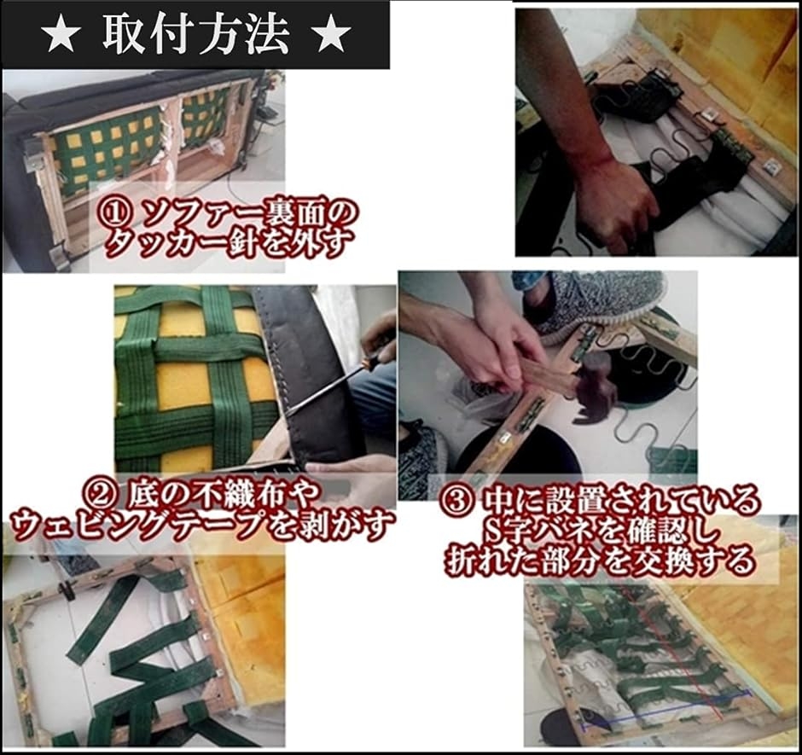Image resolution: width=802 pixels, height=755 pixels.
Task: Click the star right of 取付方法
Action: click(x=330, y=35)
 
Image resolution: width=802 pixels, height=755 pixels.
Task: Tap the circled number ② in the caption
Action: click(x=102, y=493)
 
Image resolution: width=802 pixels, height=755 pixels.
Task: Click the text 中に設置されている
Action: click(x=619, y=502)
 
